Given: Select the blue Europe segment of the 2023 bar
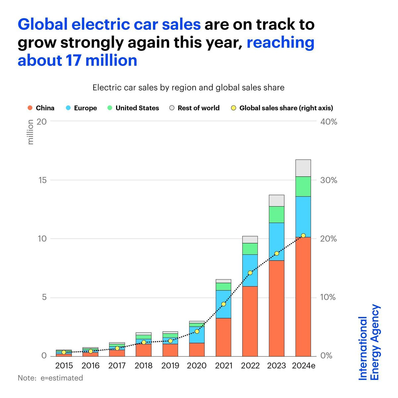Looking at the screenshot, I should click(276, 241).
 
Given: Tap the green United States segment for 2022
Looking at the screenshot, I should click(250, 249).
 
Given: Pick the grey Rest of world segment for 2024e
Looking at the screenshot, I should click(303, 168).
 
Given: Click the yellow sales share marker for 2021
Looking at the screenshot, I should click(224, 304).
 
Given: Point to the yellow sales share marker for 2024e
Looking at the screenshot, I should click(303, 235).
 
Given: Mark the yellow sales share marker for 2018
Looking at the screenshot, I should click(144, 342).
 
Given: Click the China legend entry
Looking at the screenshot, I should click(41, 108).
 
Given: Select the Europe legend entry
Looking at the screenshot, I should click(82, 108).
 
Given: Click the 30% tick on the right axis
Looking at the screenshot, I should click(328, 180).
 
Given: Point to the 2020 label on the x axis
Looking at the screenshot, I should click(197, 365).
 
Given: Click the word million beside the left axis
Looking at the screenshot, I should click(31, 132).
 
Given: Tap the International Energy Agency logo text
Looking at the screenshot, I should click(369, 342).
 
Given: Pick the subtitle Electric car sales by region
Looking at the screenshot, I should click(188, 88).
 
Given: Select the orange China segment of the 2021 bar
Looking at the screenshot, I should click(223, 337).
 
